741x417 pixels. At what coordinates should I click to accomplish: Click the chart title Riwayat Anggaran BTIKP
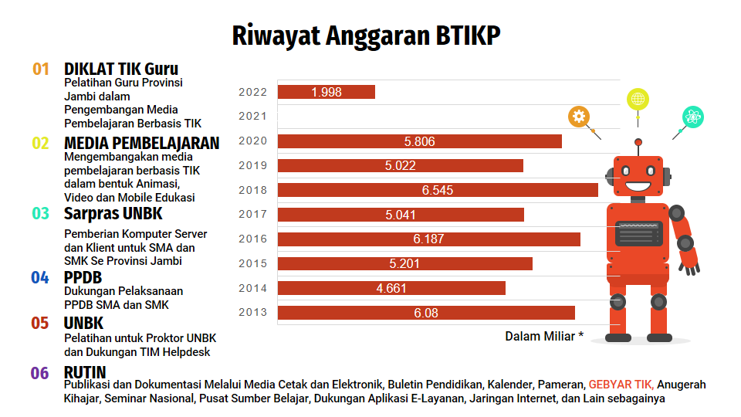click(x=366, y=36)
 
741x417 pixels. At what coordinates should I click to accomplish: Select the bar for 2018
click(x=438, y=190)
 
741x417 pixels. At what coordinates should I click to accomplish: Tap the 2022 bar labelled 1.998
click(x=327, y=92)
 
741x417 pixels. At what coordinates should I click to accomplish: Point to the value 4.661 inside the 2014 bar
click(x=391, y=288)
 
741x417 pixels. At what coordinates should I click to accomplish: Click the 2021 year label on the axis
click(x=252, y=117)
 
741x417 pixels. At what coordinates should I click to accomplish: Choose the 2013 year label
click(x=252, y=313)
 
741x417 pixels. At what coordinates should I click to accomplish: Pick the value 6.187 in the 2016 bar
click(x=428, y=239)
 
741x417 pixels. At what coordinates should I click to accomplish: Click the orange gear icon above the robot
click(x=579, y=117)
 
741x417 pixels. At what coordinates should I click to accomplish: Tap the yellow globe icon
click(x=638, y=99)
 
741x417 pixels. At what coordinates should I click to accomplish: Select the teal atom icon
click(x=692, y=117)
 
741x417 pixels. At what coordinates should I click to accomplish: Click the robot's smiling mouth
click(x=638, y=186)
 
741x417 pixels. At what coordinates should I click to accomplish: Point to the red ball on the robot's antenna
click(x=638, y=142)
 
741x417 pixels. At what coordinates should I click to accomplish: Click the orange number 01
click(x=41, y=69)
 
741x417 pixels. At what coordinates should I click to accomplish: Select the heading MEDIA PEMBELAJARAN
click(x=141, y=143)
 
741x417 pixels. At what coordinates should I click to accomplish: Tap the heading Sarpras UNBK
click(x=113, y=213)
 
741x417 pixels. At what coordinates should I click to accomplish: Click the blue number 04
click(x=40, y=278)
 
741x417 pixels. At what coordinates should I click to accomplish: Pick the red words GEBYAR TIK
click(x=621, y=385)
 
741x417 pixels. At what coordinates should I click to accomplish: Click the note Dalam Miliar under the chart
click(x=544, y=336)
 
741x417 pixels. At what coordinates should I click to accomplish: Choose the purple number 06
click(x=40, y=374)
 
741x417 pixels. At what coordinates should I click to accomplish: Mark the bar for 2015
click(x=404, y=264)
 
